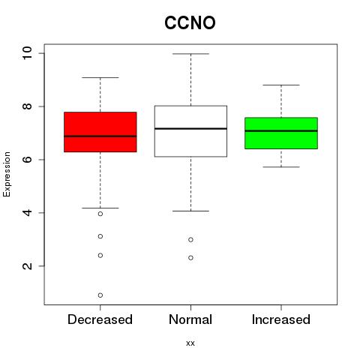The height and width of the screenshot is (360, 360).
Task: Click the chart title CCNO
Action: pyautogui.click(x=190, y=22)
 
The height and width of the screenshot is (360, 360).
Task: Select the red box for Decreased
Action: pyautogui.click(x=100, y=132)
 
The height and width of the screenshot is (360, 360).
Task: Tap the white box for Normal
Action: pyautogui.click(x=190, y=131)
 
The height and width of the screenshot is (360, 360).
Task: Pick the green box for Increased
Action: pyautogui.click(x=281, y=133)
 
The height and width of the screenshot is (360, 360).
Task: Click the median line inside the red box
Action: pyautogui.click(x=100, y=136)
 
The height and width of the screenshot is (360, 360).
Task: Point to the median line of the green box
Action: pyautogui.click(x=281, y=130)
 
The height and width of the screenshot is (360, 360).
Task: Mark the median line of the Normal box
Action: pyautogui.click(x=190, y=128)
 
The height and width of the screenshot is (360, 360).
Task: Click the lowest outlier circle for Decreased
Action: pyautogui.click(x=100, y=295)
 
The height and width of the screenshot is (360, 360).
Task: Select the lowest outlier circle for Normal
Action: pyautogui.click(x=190, y=258)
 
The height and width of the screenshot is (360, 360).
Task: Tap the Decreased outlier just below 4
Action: pyautogui.click(x=100, y=214)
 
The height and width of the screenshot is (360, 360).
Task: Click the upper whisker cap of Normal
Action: pyautogui.click(x=190, y=54)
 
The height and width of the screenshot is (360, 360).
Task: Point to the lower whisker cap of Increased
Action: pyautogui.click(x=281, y=166)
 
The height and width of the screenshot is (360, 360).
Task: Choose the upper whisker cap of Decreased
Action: pyautogui.click(x=100, y=77)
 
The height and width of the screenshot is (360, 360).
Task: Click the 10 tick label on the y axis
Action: pyautogui.click(x=27, y=53)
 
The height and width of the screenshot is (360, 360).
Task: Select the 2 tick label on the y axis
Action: pyautogui.click(x=27, y=266)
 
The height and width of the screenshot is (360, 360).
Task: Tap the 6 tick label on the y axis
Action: pyautogui.click(x=27, y=160)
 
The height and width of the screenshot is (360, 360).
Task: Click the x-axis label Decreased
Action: pyautogui.click(x=100, y=319)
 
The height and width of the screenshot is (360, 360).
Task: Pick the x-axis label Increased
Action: pyautogui.click(x=281, y=319)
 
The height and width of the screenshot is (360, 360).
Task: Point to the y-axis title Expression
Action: pyautogui.click(x=7, y=174)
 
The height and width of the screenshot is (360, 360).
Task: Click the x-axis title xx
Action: pyautogui.click(x=190, y=343)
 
